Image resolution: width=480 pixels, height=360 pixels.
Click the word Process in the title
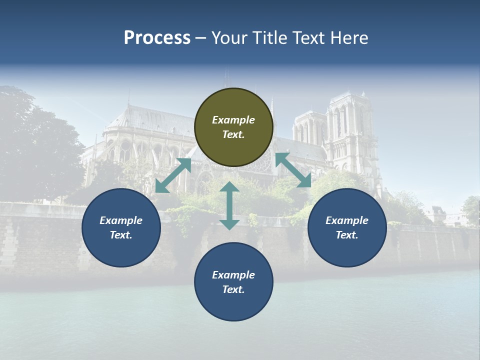(x=157, y=38)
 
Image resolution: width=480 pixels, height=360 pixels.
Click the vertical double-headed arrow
(x=229, y=205)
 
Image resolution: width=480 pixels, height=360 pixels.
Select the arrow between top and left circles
(x=173, y=175)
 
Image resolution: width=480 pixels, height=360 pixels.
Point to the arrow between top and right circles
(x=293, y=170)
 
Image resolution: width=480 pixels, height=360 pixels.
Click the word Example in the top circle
(x=233, y=120)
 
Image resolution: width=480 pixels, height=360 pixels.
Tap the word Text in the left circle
(x=121, y=235)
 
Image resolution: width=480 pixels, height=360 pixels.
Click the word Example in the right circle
(x=347, y=220)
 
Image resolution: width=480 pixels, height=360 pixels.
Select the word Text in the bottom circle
(x=233, y=289)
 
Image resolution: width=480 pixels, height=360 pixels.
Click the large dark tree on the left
(x=35, y=145)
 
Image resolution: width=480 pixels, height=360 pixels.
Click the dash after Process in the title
(x=201, y=38)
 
